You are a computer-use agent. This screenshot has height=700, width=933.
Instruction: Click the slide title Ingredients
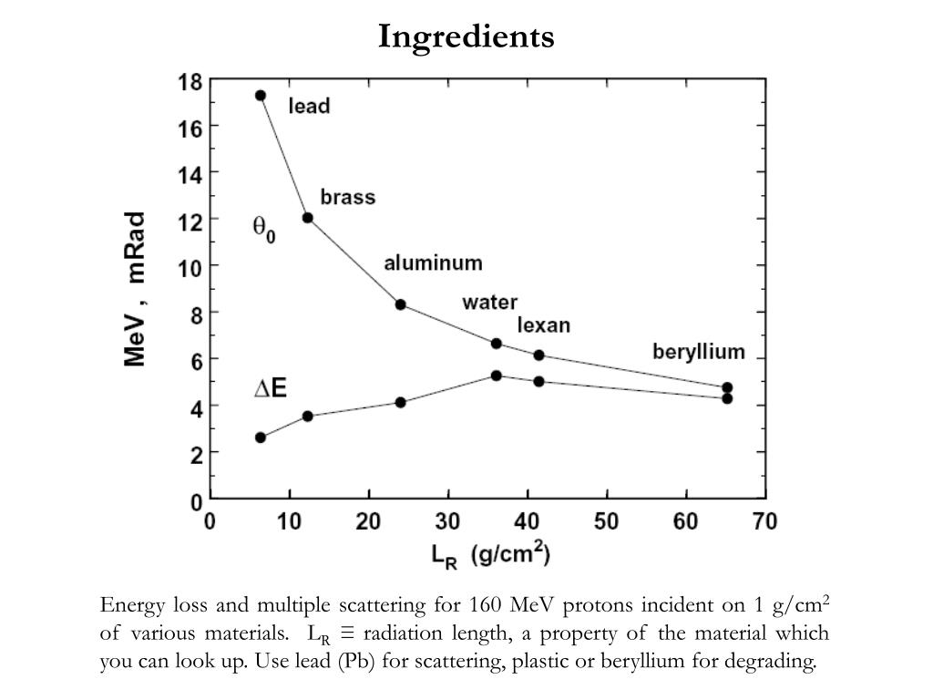click(x=466, y=36)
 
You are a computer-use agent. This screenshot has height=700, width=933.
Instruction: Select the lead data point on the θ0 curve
click(x=261, y=95)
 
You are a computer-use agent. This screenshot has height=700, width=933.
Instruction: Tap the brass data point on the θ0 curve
click(x=308, y=218)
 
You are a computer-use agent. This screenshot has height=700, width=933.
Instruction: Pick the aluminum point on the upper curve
click(x=401, y=304)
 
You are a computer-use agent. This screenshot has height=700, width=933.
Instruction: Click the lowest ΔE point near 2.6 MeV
click(x=261, y=437)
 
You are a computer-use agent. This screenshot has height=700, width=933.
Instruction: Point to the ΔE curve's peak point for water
click(x=497, y=376)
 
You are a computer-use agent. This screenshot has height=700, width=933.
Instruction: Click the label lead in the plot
click(x=309, y=106)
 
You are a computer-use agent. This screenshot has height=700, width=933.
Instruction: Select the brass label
click(x=347, y=197)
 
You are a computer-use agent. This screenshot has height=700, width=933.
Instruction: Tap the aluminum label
click(x=433, y=263)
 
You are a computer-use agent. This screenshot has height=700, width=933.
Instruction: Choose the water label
click(x=489, y=302)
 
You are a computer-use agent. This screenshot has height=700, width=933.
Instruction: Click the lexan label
click(x=544, y=325)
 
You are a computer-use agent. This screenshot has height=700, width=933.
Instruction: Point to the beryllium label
click(x=699, y=352)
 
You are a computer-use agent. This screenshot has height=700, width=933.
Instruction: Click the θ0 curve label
click(x=263, y=229)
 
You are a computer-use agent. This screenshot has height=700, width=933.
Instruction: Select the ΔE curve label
click(x=270, y=389)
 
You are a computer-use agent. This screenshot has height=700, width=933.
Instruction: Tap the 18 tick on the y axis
click(x=190, y=81)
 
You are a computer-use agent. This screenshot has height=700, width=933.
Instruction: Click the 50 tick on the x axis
click(x=606, y=521)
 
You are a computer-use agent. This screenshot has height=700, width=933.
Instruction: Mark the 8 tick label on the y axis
click(x=195, y=312)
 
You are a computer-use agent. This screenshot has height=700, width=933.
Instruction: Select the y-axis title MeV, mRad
click(x=136, y=290)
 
